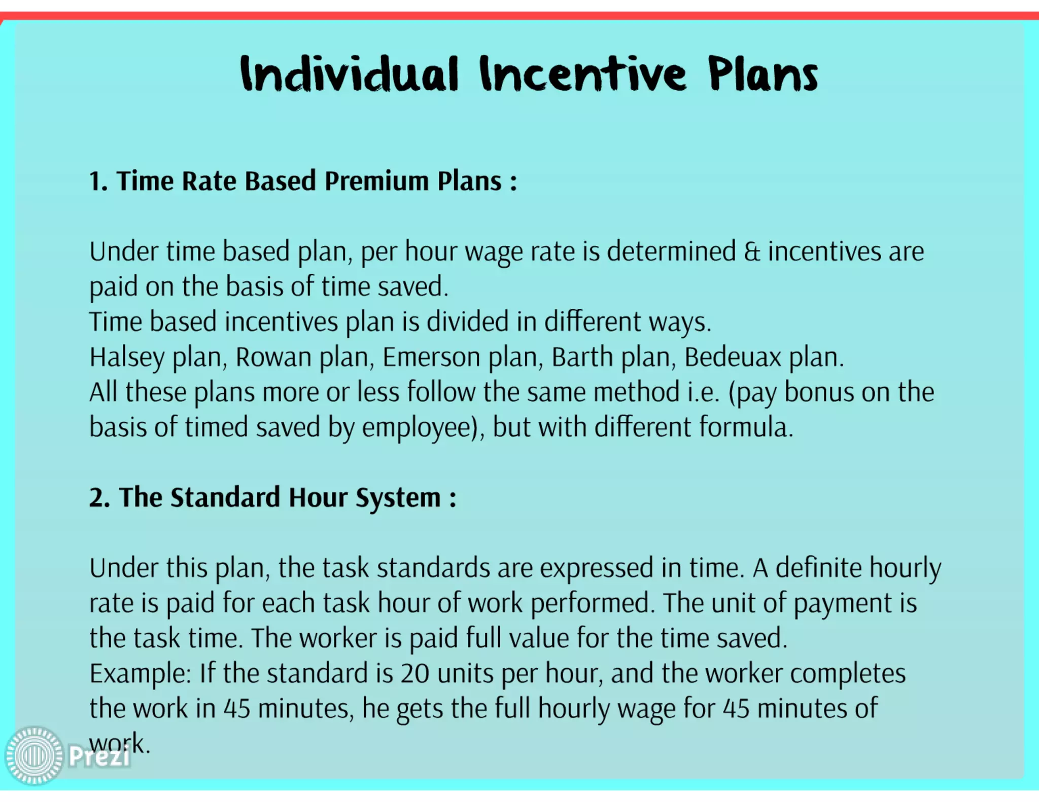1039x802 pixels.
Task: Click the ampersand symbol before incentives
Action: point(752,252)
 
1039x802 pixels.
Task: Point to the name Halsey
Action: point(127,357)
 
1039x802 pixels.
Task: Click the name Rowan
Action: point(273,357)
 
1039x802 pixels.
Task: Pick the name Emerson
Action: point(431,357)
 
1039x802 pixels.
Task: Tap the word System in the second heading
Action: point(398,498)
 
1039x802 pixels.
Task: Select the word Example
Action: point(140,674)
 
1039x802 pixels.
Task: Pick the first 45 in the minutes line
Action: point(237,709)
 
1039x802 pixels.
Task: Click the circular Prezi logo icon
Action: point(34,756)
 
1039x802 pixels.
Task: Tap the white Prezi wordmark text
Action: point(99,757)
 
